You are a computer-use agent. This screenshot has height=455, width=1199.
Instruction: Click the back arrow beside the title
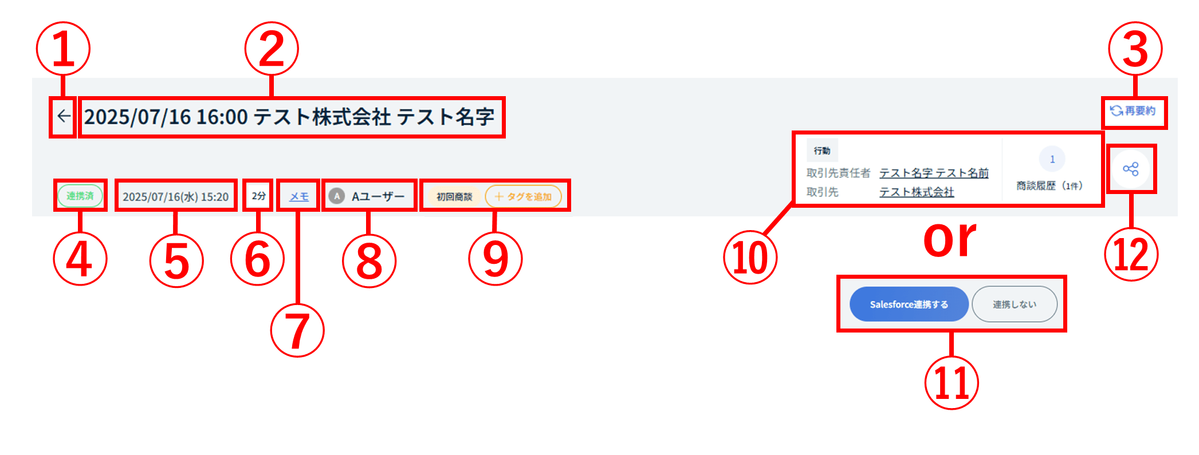(x=64, y=117)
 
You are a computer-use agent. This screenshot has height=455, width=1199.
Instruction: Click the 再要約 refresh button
(x=1133, y=111)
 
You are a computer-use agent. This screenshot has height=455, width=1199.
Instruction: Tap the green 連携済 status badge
(x=80, y=196)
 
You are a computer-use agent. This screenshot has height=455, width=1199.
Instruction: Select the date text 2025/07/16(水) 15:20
(x=175, y=197)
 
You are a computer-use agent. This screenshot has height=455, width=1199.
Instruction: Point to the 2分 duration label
(x=258, y=196)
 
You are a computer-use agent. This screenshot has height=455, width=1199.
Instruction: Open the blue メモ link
(x=299, y=197)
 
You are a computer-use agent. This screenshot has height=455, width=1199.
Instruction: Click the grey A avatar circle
(x=337, y=197)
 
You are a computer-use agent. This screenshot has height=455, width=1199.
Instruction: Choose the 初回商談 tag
(x=454, y=197)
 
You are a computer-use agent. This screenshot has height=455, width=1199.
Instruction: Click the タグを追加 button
(x=524, y=197)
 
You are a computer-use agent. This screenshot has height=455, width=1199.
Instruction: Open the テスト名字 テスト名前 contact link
(x=934, y=173)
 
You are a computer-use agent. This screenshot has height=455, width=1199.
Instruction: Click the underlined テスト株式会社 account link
(x=917, y=192)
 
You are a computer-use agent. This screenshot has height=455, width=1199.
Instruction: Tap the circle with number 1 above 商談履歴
(x=1052, y=159)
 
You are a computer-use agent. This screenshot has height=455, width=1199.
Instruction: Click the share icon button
(x=1130, y=169)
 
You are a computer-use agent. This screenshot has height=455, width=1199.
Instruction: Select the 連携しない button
(x=1014, y=304)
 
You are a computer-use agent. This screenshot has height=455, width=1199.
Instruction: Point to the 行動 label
(x=822, y=151)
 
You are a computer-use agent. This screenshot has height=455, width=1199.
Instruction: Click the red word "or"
(x=950, y=239)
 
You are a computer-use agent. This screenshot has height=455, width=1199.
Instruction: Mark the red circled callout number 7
(x=297, y=330)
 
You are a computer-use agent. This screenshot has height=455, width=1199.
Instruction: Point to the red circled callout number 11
(x=951, y=382)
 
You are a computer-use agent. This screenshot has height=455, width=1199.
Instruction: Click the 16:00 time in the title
(x=222, y=117)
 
